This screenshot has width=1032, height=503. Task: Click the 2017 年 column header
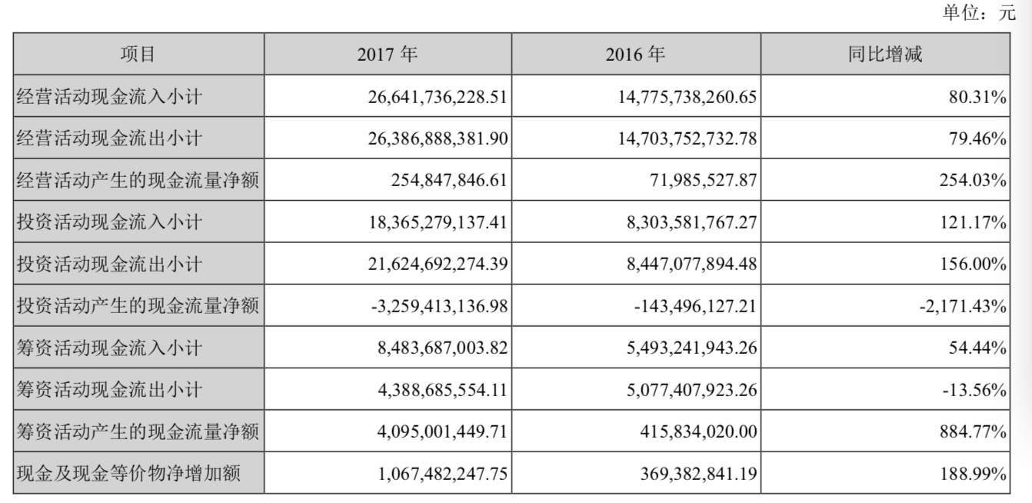(x=388, y=55)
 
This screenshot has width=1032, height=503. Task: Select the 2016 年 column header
(x=636, y=55)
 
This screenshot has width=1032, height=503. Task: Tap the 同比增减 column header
(x=885, y=55)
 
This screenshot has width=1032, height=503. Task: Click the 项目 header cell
(x=138, y=55)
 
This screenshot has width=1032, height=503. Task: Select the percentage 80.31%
(x=977, y=98)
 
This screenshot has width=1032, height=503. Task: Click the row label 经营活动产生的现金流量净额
(x=138, y=182)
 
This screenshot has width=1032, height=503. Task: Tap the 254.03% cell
(x=971, y=182)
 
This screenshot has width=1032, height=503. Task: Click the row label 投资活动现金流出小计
(x=109, y=265)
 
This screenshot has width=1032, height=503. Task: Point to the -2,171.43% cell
(x=963, y=307)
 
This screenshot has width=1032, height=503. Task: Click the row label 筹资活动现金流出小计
(x=109, y=391)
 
